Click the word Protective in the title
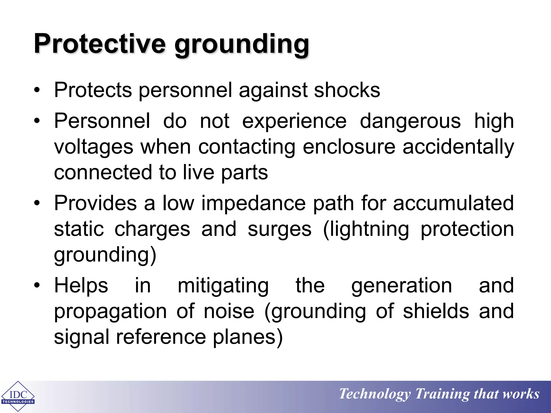coord(100,44)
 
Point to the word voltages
coord(94,147)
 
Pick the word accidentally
coord(458,147)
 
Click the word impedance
coord(253,204)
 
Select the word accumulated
coord(453,203)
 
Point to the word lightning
coord(366,230)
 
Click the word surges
coord(280,230)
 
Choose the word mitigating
coord(223,286)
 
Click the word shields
coord(436,311)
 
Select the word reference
coord(161,337)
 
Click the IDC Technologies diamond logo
coord(18,396)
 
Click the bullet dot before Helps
coord(37,285)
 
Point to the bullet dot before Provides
coord(37,203)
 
